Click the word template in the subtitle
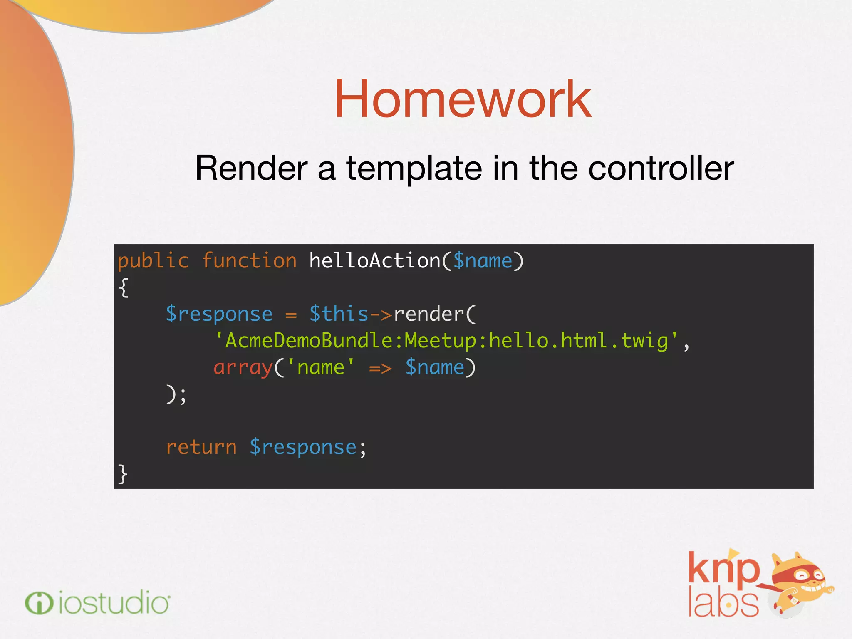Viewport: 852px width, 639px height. (414, 168)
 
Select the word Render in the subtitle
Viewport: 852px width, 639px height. (251, 168)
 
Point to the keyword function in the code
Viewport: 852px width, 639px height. (249, 261)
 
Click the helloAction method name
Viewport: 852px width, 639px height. (375, 261)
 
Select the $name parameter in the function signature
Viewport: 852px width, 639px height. (483, 261)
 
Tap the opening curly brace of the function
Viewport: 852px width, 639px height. (124, 287)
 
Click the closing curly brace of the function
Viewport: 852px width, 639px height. (123, 474)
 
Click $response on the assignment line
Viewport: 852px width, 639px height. (219, 314)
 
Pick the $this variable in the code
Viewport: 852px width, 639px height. (339, 314)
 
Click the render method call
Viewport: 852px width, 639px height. (429, 314)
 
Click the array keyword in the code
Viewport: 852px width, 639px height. (243, 368)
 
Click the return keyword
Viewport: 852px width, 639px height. (201, 448)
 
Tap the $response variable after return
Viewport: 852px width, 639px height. (303, 448)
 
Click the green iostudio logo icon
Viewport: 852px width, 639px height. (39, 603)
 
